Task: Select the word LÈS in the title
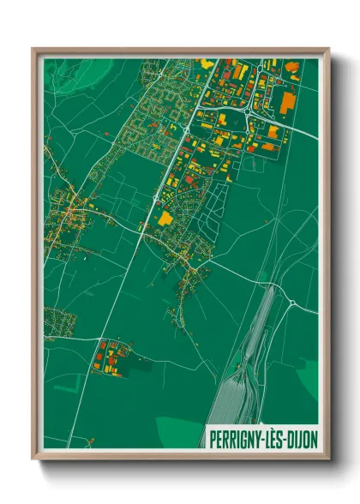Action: pos(269,437)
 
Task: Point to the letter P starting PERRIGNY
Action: pos(212,437)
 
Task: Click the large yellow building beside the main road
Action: pos(165,219)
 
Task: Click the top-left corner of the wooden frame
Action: pos(33,50)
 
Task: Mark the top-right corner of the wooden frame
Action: pos(328,50)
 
